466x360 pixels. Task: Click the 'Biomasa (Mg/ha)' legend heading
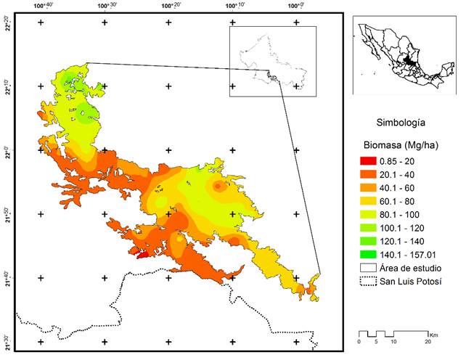click(398, 143)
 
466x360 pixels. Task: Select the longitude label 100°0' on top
click(296, 6)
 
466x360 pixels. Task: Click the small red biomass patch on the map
click(142, 253)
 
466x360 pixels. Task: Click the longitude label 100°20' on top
click(171, 6)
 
